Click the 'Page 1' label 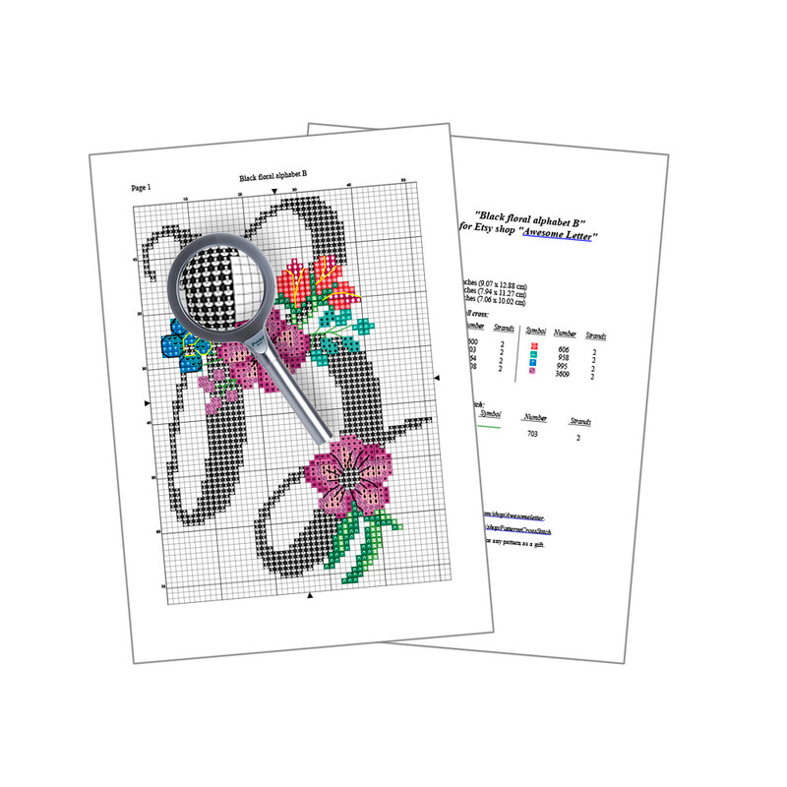point(141,187)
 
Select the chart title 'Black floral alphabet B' point(273,178)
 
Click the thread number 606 point(563,349)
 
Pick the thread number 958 point(563,358)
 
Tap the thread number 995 point(563,367)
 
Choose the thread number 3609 point(563,376)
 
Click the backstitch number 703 point(532,433)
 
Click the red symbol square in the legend point(531,346)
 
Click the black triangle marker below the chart point(311,596)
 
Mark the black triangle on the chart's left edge point(149,403)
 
